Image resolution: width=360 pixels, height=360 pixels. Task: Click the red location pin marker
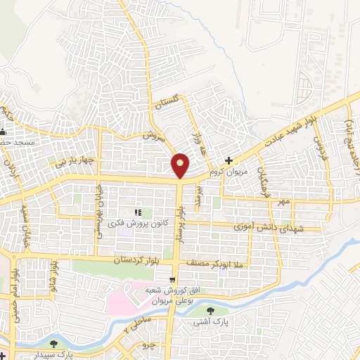[x=181, y=165]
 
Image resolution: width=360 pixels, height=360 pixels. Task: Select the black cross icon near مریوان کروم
[x=229, y=161]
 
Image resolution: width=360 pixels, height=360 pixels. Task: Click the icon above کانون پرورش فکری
[x=138, y=212]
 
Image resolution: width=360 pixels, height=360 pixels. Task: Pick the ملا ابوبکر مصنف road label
[x=214, y=263]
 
